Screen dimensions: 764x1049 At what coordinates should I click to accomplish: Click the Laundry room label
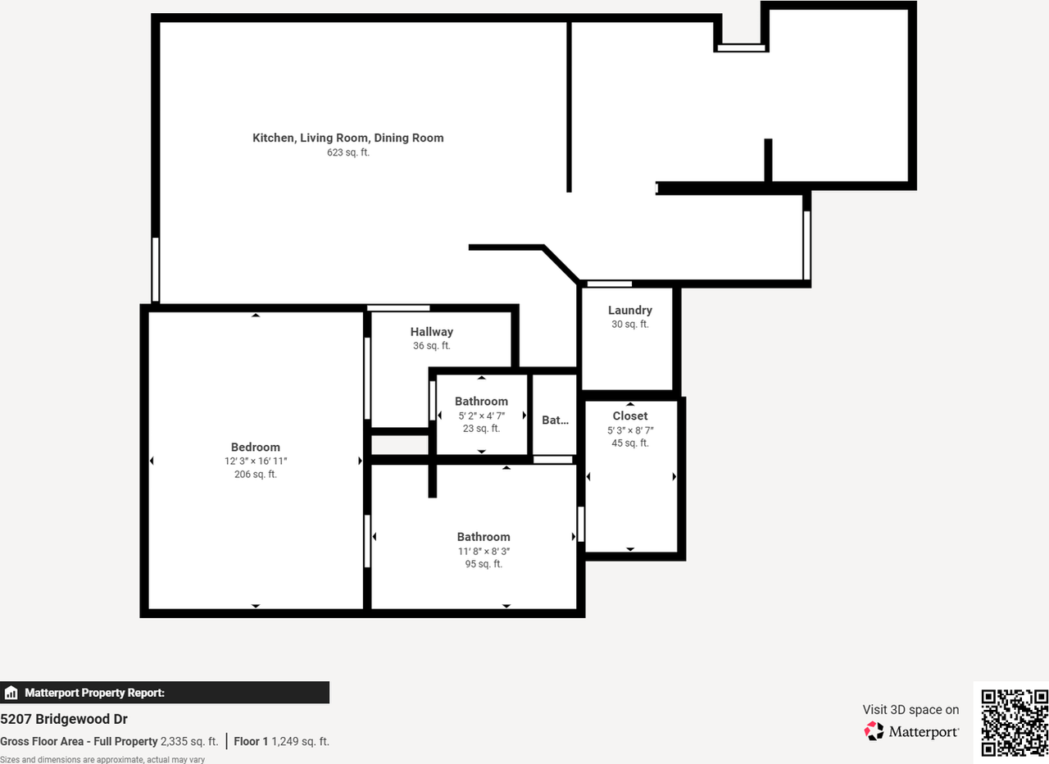pyautogui.click(x=629, y=310)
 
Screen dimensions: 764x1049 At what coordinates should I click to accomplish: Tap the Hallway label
pyautogui.click(x=431, y=332)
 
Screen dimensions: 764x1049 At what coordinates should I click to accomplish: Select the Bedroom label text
pyautogui.click(x=255, y=447)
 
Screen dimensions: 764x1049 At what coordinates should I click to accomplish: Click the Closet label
pyautogui.click(x=629, y=416)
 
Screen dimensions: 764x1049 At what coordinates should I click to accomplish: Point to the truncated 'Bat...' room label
pyautogui.click(x=555, y=420)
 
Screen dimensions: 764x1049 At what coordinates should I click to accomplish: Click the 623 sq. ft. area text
pyautogui.click(x=347, y=152)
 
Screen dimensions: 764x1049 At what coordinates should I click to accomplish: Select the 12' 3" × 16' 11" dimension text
pyautogui.click(x=255, y=462)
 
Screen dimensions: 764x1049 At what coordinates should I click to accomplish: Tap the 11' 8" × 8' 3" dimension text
pyautogui.click(x=484, y=552)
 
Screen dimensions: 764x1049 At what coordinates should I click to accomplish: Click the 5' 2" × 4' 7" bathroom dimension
pyautogui.click(x=481, y=416)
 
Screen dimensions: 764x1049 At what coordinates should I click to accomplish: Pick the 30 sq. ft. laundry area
pyautogui.click(x=629, y=325)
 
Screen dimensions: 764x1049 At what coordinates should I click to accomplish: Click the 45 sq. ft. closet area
pyautogui.click(x=629, y=443)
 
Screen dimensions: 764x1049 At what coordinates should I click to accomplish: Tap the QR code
pyautogui.click(x=1015, y=722)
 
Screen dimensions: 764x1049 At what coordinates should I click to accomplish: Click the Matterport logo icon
pyautogui.click(x=874, y=730)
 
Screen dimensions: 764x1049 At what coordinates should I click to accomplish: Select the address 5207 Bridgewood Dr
pyautogui.click(x=64, y=719)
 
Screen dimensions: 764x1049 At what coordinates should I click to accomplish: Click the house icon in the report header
pyautogui.click(x=11, y=693)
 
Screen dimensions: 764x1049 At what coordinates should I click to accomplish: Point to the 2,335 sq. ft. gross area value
pyautogui.click(x=189, y=741)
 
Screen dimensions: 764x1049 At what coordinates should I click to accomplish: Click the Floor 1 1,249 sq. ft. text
pyautogui.click(x=281, y=741)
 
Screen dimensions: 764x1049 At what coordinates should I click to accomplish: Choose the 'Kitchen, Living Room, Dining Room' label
pyautogui.click(x=347, y=138)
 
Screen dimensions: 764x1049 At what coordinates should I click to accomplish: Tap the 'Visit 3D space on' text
pyautogui.click(x=910, y=710)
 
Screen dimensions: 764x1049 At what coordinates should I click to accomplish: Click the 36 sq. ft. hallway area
pyautogui.click(x=431, y=346)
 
